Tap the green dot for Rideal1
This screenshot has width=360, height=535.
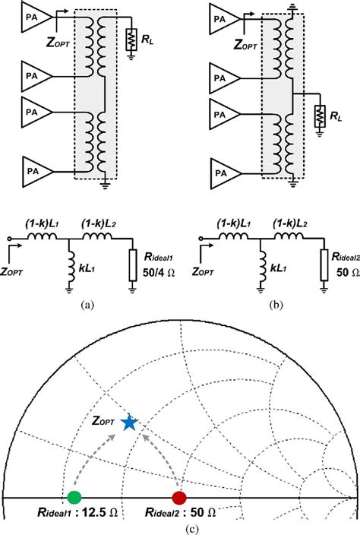(74, 498)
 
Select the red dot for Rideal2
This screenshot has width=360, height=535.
(179, 498)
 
